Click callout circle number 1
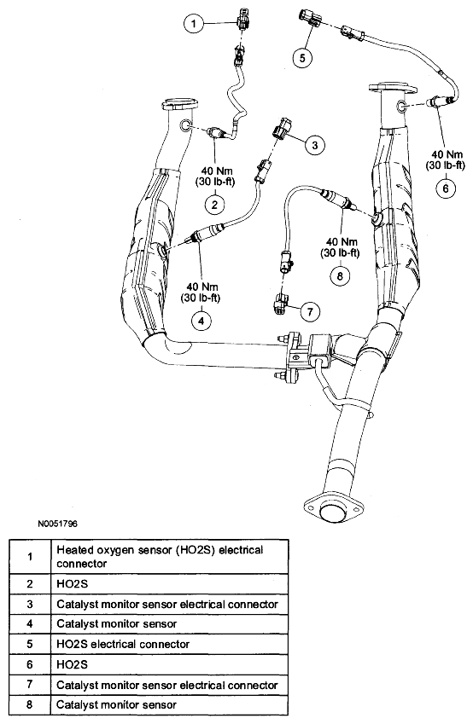click(194, 24)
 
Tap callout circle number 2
click(214, 204)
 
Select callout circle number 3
click(314, 145)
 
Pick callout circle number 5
click(302, 58)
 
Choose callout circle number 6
click(446, 188)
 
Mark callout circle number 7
click(310, 311)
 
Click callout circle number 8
click(340, 276)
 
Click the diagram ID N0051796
click(58, 524)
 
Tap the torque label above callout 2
click(214, 176)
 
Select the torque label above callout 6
click(446, 159)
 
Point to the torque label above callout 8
click(340, 247)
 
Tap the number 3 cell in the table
click(30, 604)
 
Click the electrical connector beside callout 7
click(281, 304)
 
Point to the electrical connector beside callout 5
click(310, 16)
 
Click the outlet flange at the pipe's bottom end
click(332, 510)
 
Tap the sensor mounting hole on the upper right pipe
click(401, 107)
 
